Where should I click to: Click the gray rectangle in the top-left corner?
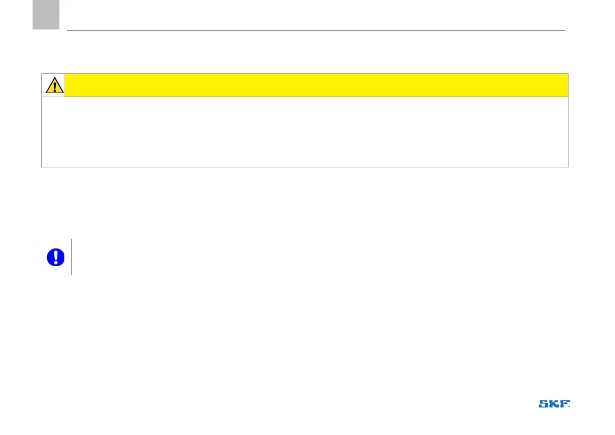pos(45,14)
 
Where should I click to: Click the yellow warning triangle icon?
pos(54,85)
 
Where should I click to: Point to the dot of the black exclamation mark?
pos(54,90)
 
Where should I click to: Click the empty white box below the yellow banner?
pos(305,132)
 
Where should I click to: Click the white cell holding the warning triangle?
pos(54,85)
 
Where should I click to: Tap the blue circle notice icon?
pos(55,257)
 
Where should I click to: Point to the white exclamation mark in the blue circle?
pos(55,255)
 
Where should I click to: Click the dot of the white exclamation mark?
pos(55,262)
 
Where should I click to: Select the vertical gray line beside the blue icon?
pos(71,257)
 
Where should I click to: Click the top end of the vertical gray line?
pos(71,240)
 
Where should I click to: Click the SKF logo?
pos(555,404)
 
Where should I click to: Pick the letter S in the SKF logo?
pos(544,404)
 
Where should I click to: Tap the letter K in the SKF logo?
pos(555,404)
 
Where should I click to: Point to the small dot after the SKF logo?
pos(570,407)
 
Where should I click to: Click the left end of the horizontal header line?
pos(68,30)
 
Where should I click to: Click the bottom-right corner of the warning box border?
pos(568,166)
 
